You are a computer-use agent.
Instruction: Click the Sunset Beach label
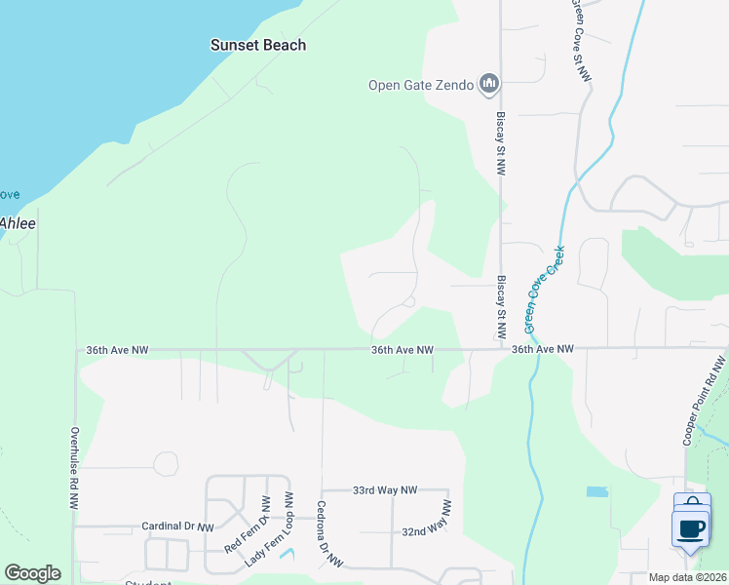tap(258, 45)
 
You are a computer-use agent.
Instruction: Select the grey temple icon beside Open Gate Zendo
tap(489, 85)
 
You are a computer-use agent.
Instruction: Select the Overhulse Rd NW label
tap(74, 468)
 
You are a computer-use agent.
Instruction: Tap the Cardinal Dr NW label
tap(177, 526)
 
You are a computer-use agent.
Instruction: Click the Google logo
tap(32, 573)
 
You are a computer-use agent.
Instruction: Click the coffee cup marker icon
tap(691, 528)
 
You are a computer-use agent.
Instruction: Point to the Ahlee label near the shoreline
tap(18, 223)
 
